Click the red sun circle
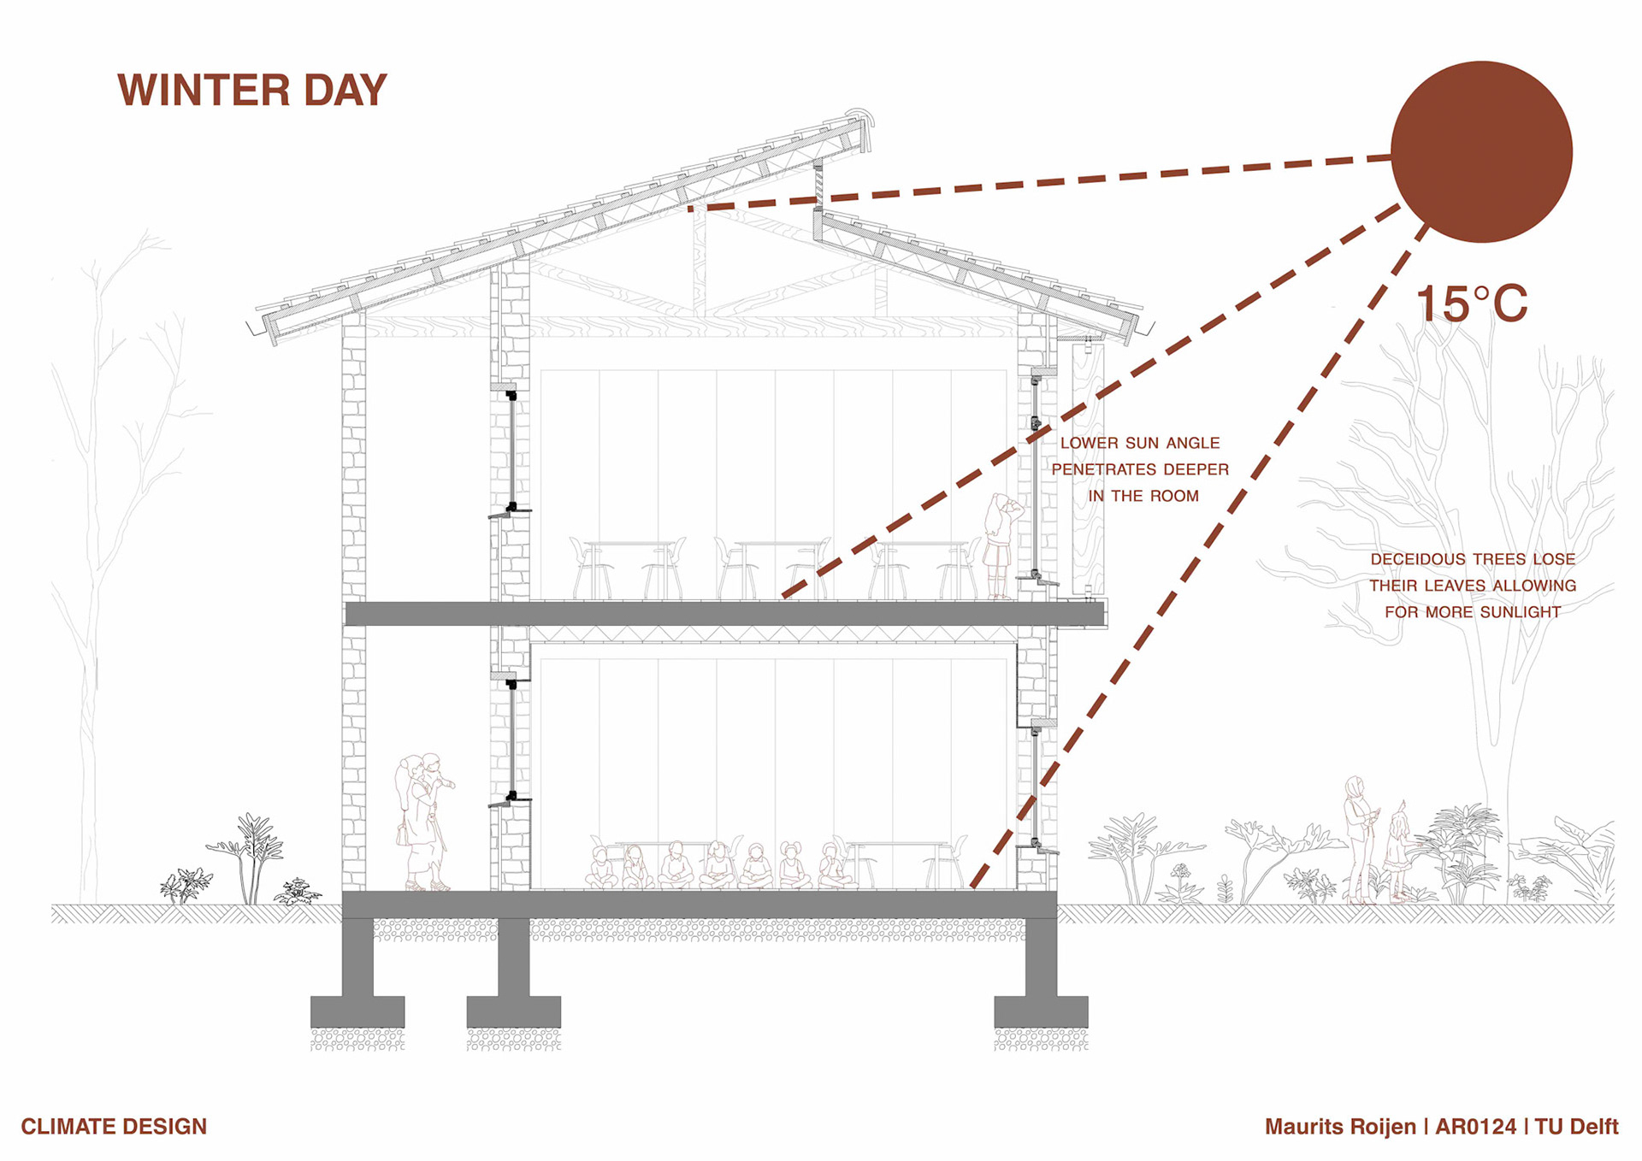point(1481,151)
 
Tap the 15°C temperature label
point(1471,304)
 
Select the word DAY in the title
point(346,91)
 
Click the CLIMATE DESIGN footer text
point(114,1127)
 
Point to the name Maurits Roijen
point(1340,1127)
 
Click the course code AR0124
point(1475,1127)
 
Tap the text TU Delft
point(1576,1127)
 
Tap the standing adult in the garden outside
point(1357,838)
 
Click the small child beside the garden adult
point(1399,855)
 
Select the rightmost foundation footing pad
point(1041,1011)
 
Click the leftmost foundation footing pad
point(357,1011)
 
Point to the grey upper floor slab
point(724,614)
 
